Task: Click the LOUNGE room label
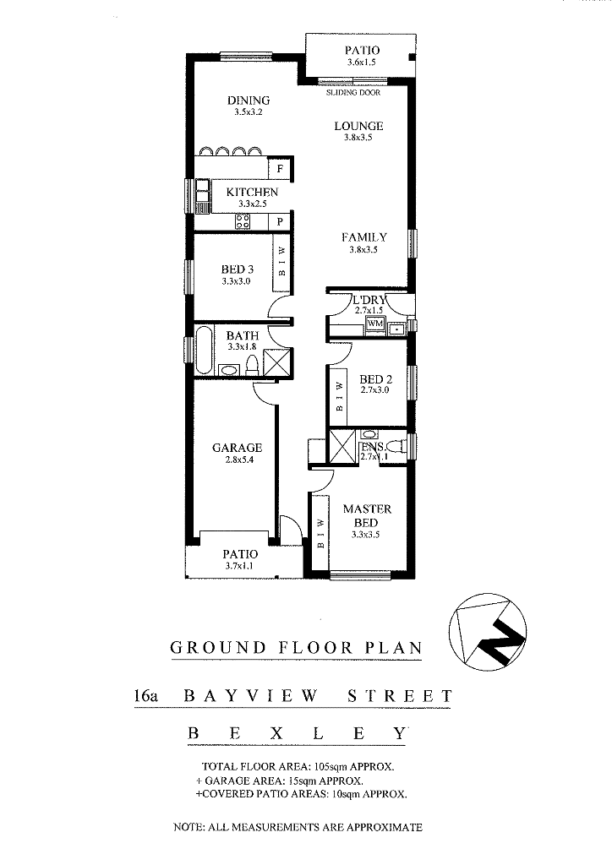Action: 358,126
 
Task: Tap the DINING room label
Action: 249,101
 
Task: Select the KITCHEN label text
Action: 252,192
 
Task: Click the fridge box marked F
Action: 280,169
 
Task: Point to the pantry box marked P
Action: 280,222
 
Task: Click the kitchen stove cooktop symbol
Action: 243,221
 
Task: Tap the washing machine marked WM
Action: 375,324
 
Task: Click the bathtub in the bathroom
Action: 203,350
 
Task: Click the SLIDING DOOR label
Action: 353,93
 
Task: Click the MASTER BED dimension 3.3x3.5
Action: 365,535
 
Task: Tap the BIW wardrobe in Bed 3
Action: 281,263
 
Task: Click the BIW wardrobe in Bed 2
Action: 340,396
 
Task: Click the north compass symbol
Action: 487,632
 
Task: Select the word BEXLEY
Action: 297,734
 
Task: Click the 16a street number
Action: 145,696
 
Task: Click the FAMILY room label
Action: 363,237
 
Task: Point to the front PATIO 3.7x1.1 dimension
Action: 240,566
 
